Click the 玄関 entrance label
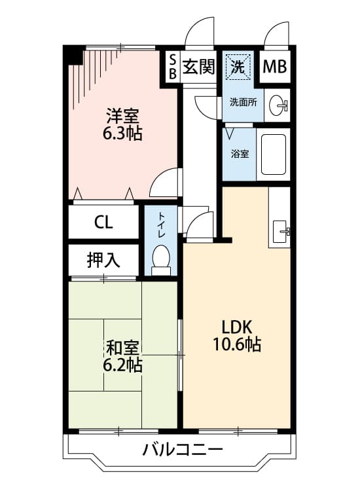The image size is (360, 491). pyautogui.click(x=199, y=67)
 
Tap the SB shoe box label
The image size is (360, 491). pyautogui.click(x=172, y=67)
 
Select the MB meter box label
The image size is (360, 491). pyautogui.click(x=275, y=67)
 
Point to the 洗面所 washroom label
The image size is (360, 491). pyautogui.click(x=242, y=102)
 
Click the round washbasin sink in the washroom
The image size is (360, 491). pyautogui.click(x=280, y=105)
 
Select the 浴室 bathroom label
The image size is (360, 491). pyautogui.click(x=240, y=155)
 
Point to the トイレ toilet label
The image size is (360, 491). pyautogui.click(x=161, y=225)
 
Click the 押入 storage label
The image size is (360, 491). pyautogui.click(x=103, y=260)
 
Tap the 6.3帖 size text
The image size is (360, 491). pyautogui.click(x=122, y=135)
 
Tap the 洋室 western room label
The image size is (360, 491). pyautogui.click(x=122, y=117)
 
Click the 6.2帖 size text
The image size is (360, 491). pyautogui.click(x=122, y=365)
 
